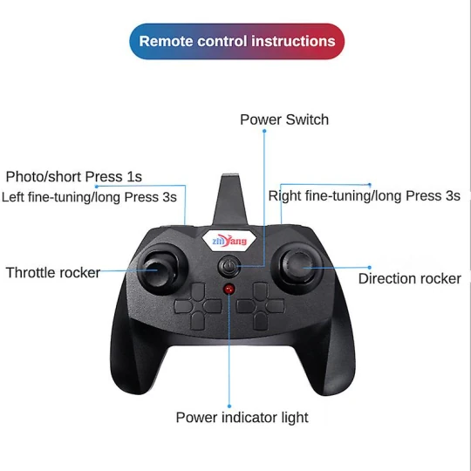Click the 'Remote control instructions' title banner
tap(237, 41)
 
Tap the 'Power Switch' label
tap(284, 119)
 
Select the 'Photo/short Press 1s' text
tap(74, 177)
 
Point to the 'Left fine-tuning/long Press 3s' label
tap(90, 196)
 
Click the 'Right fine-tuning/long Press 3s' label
tap(364, 196)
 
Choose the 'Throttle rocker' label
tap(53, 272)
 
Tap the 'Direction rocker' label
tap(409, 278)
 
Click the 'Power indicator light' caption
tap(242, 417)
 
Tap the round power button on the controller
tap(229, 265)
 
